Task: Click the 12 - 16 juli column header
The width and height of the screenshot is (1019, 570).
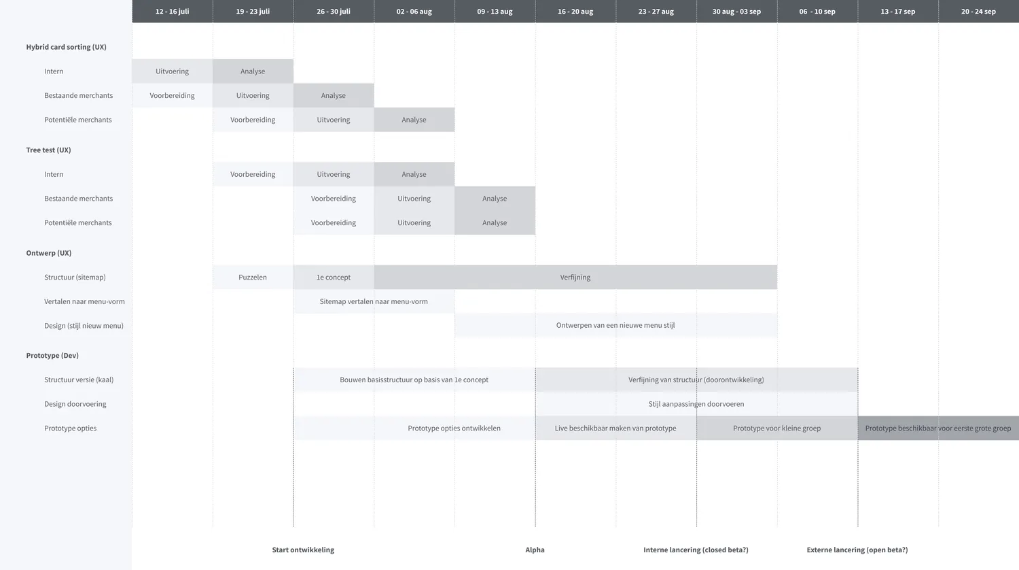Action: [173, 12]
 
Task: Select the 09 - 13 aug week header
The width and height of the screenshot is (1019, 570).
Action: [495, 12]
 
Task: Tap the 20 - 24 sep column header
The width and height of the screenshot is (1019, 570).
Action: [978, 12]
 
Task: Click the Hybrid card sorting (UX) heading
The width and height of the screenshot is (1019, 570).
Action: [67, 47]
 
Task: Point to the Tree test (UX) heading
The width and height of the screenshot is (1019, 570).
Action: [49, 150]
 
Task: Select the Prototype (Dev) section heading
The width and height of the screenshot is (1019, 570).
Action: [52, 355]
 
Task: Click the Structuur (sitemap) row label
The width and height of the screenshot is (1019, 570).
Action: [75, 277]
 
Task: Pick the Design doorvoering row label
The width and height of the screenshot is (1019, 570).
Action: [75, 403]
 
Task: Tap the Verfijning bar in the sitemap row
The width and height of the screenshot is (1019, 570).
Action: [575, 277]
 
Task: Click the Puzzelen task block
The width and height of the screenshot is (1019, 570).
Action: [253, 277]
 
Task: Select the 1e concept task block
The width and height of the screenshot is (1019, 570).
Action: [334, 277]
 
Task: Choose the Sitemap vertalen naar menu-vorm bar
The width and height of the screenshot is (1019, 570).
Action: [374, 301]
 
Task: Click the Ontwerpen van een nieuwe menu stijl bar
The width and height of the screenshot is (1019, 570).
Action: [616, 325]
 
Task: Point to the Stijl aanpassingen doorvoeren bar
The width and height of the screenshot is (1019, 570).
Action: [696, 403]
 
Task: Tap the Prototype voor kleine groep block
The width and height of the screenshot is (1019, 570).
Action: [777, 428]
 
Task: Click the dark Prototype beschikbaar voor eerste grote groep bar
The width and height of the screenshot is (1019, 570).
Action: [938, 428]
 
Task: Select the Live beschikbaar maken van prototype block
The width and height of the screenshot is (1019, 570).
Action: [616, 428]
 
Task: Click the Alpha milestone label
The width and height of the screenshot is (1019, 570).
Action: [535, 550]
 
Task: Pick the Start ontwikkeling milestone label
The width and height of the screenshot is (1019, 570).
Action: [303, 550]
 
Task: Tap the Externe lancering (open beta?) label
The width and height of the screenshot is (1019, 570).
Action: [857, 550]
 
